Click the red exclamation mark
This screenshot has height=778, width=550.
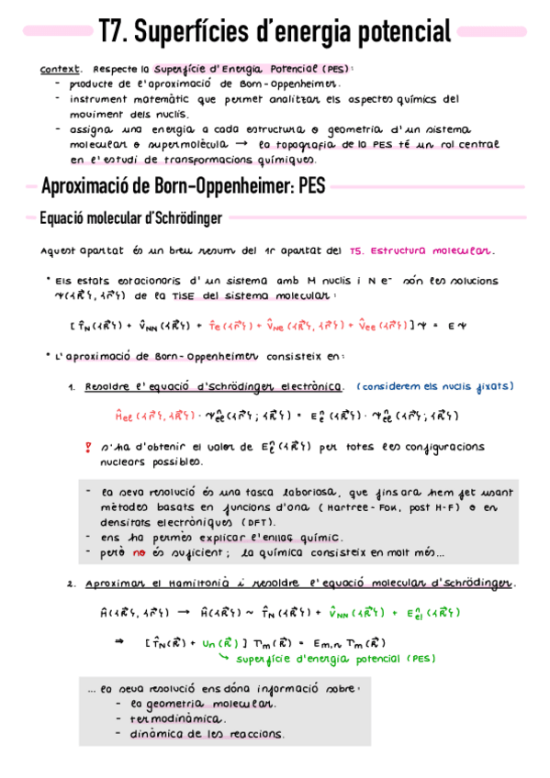click(x=88, y=448)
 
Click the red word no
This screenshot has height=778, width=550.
click(x=140, y=552)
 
